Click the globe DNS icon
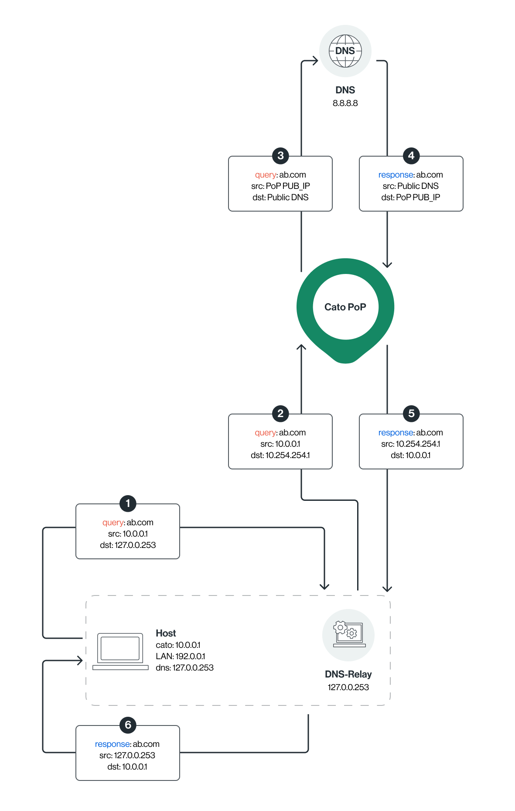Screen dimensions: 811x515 pyautogui.click(x=345, y=51)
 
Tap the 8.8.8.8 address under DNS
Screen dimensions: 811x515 pyautogui.click(x=345, y=103)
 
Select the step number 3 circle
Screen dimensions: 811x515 pyautogui.click(x=280, y=155)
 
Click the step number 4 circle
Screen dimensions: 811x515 pyautogui.click(x=411, y=155)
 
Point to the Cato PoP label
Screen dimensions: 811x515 pyautogui.click(x=345, y=307)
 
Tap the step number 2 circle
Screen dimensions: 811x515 pyautogui.click(x=280, y=413)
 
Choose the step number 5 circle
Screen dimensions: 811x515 pyautogui.click(x=411, y=413)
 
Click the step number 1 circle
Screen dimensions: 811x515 pyautogui.click(x=128, y=503)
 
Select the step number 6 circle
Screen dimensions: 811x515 pyautogui.click(x=128, y=725)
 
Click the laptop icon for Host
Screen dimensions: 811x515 pyautogui.click(x=120, y=651)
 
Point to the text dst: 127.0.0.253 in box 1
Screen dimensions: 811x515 pyautogui.click(x=128, y=545)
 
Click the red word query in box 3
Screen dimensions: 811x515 pyautogui.click(x=265, y=175)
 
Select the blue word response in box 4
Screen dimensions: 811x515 pyautogui.click(x=396, y=175)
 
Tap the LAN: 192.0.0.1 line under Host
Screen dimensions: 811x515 pyautogui.click(x=180, y=656)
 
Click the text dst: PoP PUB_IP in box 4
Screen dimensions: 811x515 pyautogui.click(x=410, y=197)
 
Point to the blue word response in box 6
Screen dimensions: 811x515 pyautogui.click(x=113, y=744)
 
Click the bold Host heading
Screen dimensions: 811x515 pyautogui.click(x=166, y=633)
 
